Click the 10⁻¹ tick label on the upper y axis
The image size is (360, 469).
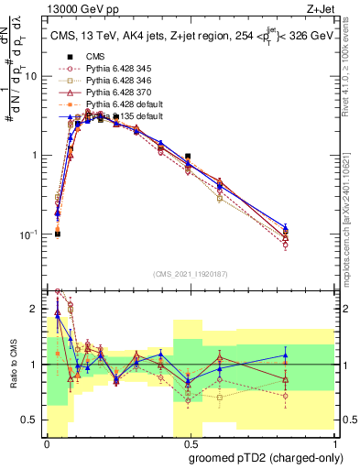pyautogui.click(x=30, y=234)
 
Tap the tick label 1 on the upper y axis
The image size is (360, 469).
pyautogui.click(x=38, y=155)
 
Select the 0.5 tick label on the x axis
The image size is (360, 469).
pyautogui.click(x=189, y=442)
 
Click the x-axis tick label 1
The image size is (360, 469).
pyautogui.click(x=331, y=442)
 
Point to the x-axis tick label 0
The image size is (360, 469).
pyautogui.click(x=47, y=442)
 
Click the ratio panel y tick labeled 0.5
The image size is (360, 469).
pyautogui.click(x=33, y=420)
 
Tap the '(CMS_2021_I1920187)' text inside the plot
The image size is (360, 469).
pyautogui.click(x=190, y=273)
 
